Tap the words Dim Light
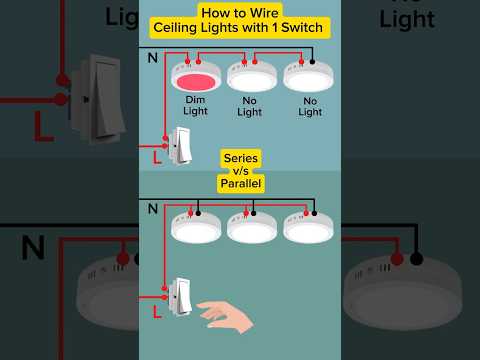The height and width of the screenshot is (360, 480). coord(196,106)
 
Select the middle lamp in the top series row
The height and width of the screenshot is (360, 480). coord(252,77)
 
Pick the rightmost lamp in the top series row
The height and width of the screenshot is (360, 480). coord(308,77)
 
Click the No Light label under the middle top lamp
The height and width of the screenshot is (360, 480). coord(250,106)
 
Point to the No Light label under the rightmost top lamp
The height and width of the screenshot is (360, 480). coord(310,106)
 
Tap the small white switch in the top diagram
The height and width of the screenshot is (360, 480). coord(181,145)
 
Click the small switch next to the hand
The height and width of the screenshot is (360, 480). coord(181,295)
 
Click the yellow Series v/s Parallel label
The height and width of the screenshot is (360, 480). coord(241,171)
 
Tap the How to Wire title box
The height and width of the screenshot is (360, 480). coord(241,12)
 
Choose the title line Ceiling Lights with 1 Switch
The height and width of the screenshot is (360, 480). coord(241,28)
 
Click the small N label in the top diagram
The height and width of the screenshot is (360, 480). coord(152,58)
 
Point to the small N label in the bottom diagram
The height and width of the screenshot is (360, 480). coord(152,208)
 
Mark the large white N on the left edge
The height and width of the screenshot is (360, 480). coord(32,247)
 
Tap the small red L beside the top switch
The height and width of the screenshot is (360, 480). coord(156,157)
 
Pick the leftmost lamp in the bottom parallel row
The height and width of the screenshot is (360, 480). coord(196,227)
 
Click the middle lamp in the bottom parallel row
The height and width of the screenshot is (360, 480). coord(252,227)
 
